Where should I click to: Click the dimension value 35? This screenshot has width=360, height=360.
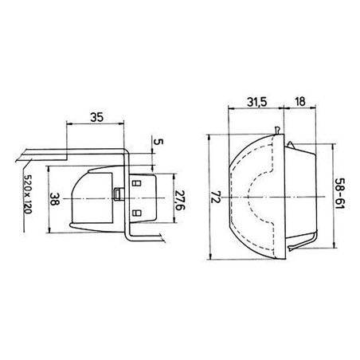click(96, 117)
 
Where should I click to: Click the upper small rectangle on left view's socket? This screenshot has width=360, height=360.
click(135, 182)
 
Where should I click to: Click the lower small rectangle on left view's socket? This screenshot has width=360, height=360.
click(135, 212)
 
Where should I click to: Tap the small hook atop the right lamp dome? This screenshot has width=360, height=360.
click(276, 130)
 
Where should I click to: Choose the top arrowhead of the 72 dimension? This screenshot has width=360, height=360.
click(209, 137)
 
